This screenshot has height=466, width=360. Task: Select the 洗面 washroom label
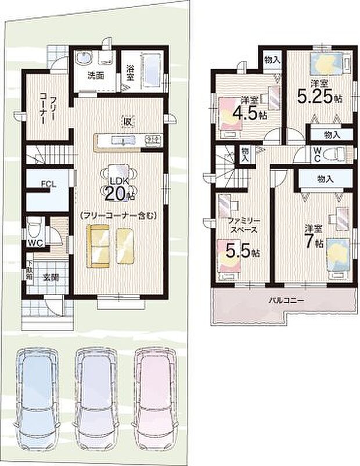pyautogui.click(x=96, y=76)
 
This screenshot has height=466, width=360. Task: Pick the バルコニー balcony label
pyautogui.click(x=285, y=301)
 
